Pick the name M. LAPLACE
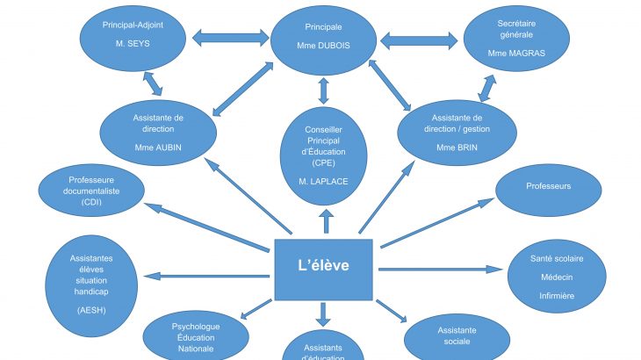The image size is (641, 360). [324, 182]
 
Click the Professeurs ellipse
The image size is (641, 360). [548, 187]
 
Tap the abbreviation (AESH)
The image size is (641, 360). [91, 310]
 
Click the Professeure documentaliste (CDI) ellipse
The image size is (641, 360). [90, 191]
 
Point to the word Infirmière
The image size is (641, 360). [557, 296]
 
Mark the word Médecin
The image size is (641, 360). [557, 277]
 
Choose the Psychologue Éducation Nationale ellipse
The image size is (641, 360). [195, 338]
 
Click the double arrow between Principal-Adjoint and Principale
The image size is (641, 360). [229, 39]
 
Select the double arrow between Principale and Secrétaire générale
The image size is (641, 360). [420, 40]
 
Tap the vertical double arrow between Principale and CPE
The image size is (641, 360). [324, 90]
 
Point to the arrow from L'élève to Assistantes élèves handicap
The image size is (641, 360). [210, 277]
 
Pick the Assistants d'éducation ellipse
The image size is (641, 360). [324, 349]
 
